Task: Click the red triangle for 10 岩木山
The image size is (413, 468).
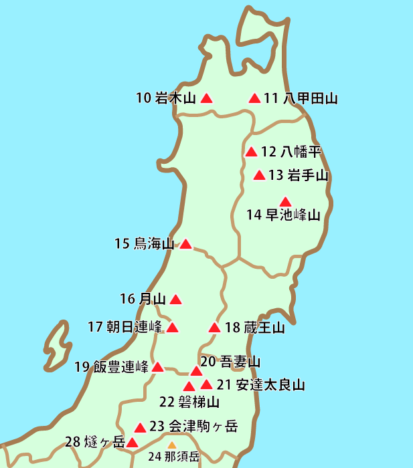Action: click(x=207, y=98)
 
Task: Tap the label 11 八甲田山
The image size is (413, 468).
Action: click(x=301, y=99)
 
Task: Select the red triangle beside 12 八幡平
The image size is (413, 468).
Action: click(x=252, y=152)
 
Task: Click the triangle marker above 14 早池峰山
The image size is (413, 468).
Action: click(x=286, y=201)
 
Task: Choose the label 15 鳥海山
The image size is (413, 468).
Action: click(x=144, y=244)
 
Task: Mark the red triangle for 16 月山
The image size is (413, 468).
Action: click(x=175, y=300)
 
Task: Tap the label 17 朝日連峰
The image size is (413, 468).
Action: click(x=125, y=328)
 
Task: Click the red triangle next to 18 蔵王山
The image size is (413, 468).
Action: click(x=214, y=328)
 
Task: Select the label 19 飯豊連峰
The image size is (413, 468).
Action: click(x=111, y=366)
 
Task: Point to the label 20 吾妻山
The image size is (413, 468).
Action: click(x=230, y=362)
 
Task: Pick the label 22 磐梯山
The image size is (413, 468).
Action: click(x=189, y=402)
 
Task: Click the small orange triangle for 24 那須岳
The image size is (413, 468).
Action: click(x=171, y=445)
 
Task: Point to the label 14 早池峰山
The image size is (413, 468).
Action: click(x=284, y=215)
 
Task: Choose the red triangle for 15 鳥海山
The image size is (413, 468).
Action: click(x=186, y=244)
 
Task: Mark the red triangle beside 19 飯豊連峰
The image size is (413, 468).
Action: click(x=157, y=367)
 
